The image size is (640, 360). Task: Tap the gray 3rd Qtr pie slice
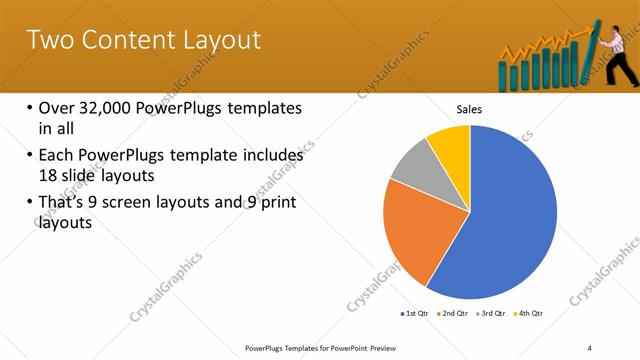[412, 180]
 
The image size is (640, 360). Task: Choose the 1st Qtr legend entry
[414, 314]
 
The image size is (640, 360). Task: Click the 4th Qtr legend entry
[529, 314]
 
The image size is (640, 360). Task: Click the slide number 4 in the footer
[589, 347]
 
